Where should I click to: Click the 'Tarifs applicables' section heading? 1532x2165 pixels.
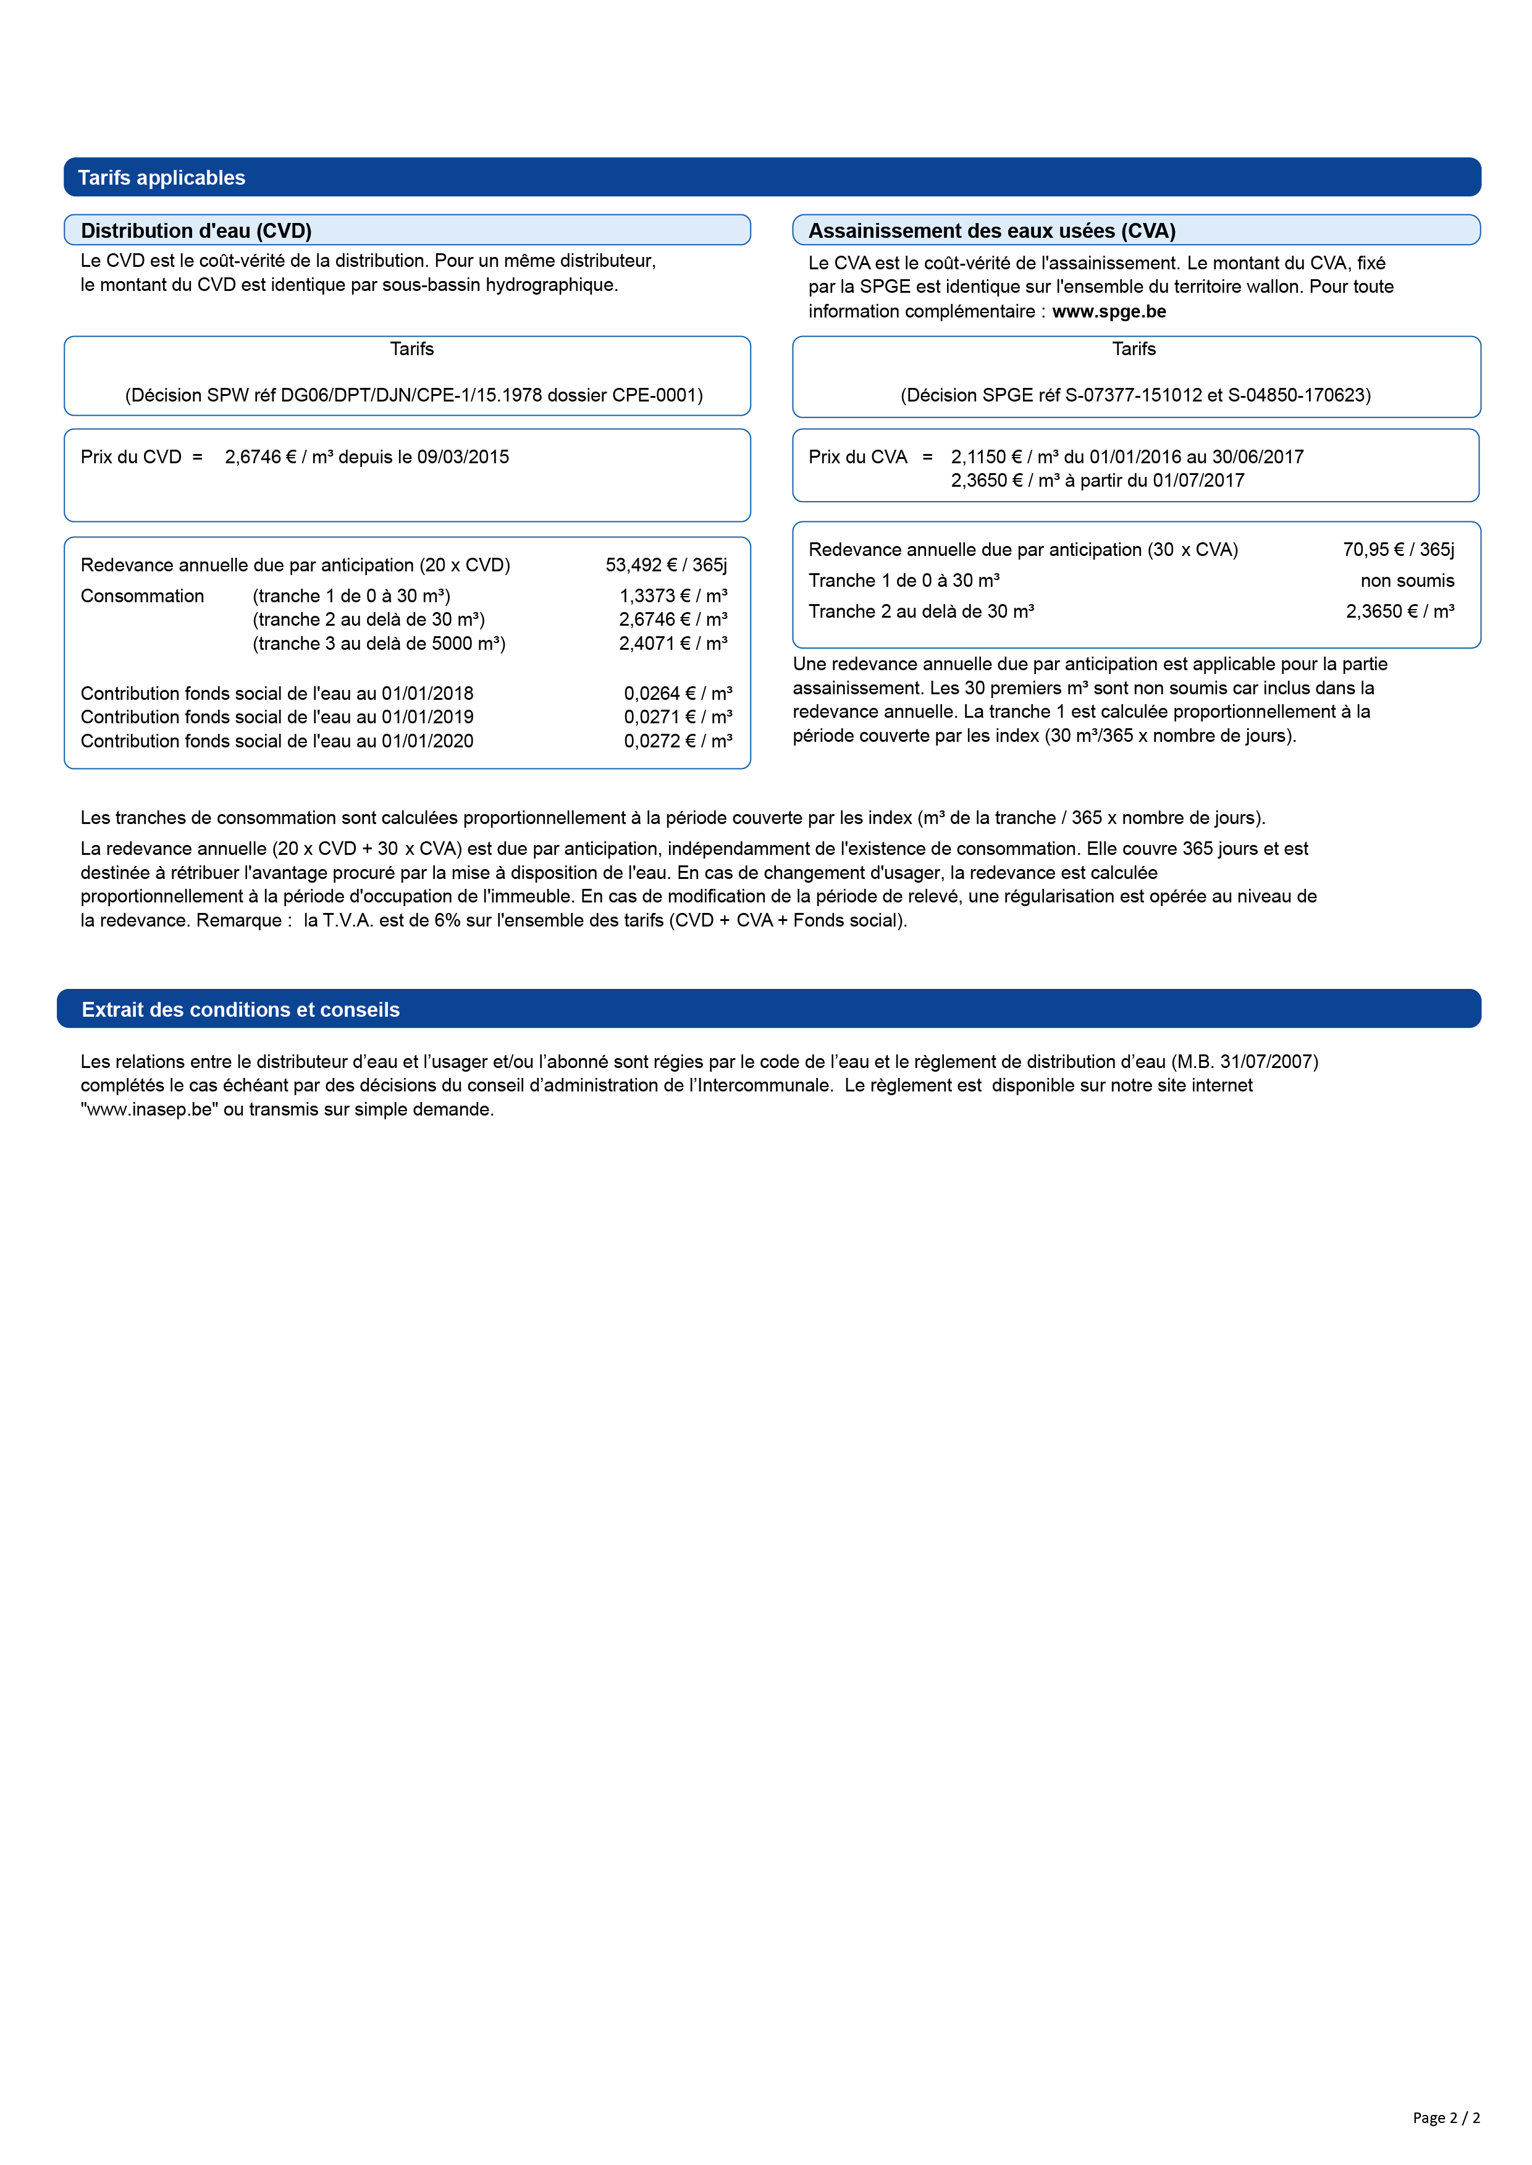pyautogui.click(x=161, y=177)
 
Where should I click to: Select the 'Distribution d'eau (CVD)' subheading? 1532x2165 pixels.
pyautogui.click(x=196, y=231)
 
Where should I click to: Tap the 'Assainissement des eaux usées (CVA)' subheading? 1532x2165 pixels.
pyautogui.click(x=991, y=231)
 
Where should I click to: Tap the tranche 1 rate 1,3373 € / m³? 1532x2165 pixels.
pyautogui.click(x=673, y=596)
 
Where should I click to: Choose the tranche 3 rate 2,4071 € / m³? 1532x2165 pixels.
pyautogui.click(x=673, y=644)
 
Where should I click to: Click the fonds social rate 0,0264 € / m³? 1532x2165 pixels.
pyautogui.click(x=677, y=694)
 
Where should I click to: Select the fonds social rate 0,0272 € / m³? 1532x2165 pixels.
pyautogui.click(x=677, y=741)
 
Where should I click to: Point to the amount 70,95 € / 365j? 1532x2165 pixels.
pyautogui.click(x=1398, y=550)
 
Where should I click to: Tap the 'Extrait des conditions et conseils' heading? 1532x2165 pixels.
pyautogui.click(x=240, y=1009)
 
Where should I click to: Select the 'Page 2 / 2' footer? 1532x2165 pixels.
pyautogui.click(x=1446, y=2117)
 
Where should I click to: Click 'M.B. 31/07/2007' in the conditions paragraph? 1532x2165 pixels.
pyautogui.click(x=1244, y=1061)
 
